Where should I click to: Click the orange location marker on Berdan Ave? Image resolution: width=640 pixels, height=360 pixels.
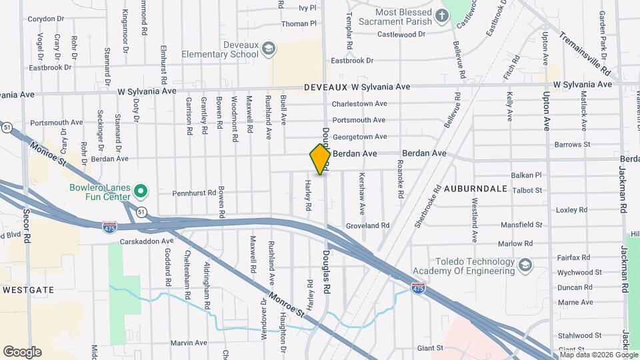321,159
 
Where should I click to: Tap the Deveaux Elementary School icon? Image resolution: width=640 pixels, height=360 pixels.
268,48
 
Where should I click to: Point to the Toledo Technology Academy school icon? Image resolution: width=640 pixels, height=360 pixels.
525,266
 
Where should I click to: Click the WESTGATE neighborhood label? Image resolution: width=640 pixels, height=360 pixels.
27,290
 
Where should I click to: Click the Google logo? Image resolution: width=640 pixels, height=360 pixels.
21,351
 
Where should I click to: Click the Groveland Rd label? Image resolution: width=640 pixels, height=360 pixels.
367,226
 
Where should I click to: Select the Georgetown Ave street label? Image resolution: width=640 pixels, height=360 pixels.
359,137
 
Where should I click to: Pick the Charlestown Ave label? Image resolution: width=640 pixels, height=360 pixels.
359,104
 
